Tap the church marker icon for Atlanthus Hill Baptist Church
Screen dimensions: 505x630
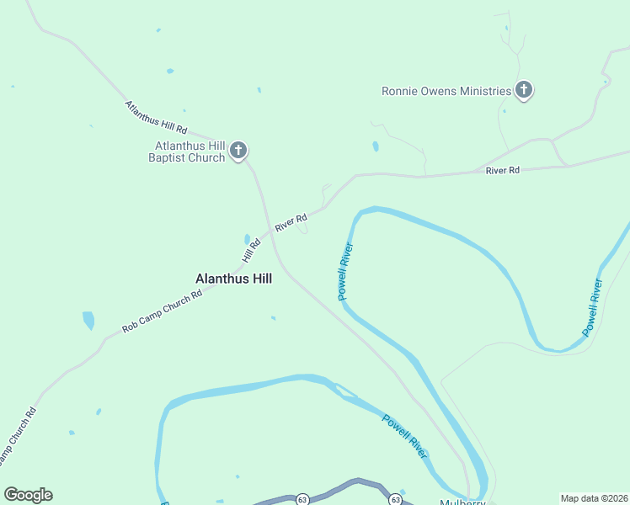click(238, 151)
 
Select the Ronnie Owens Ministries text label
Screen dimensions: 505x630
click(446, 91)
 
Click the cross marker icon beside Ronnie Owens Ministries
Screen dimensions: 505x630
click(524, 90)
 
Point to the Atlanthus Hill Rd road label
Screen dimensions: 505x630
click(156, 118)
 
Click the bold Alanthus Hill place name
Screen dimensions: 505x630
click(233, 279)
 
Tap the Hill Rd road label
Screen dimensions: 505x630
click(252, 249)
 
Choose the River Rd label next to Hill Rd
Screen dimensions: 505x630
click(291, 223)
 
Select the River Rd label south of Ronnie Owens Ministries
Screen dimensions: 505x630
click(503, 171)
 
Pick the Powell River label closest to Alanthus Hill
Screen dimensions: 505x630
click(344, 272)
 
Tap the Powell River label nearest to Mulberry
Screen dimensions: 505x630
click(405, 436)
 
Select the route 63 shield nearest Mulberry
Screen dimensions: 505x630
click(395, 499)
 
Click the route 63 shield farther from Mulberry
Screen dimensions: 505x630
click(302, 499)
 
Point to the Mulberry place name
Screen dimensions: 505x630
click(462, 502)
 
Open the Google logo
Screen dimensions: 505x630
click(28, 495)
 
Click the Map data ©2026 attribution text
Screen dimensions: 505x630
click(594, 498)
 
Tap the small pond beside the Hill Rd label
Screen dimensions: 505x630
click(247, 239)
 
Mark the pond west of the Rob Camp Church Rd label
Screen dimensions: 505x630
click(88, 321)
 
